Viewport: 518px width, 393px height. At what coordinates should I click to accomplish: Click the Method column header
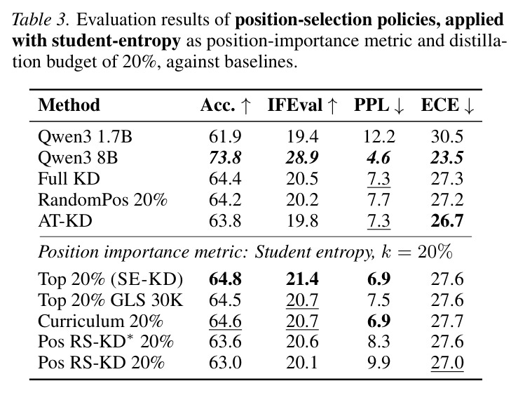tap(69, 105)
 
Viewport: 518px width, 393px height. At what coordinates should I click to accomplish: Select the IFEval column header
tap(303, 105)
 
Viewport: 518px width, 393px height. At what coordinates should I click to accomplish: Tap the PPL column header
tap(379, 105)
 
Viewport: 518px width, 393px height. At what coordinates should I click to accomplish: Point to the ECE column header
tap(448, 105)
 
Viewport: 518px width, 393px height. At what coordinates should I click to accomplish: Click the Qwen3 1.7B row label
tap(85, 137)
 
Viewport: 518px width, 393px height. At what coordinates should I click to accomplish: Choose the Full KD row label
tap(69, 179)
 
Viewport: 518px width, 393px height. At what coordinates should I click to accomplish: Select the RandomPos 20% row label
tap(102, 200)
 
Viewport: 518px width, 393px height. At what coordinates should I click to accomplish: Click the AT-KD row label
tap(64, 220)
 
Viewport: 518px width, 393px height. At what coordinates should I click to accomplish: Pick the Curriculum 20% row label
tap(100, 321)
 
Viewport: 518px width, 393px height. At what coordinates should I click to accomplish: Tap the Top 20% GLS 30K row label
tap(110, 300)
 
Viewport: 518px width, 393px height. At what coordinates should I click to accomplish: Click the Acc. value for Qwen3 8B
tap(225, 158)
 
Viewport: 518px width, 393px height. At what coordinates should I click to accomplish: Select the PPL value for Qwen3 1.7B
tap(379, 137)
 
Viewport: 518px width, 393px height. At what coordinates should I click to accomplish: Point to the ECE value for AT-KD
tap(447, 220)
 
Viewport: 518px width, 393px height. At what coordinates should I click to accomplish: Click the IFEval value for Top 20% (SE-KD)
tap(302, 279)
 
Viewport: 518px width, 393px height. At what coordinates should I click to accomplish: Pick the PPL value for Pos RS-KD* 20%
tap(379, 342)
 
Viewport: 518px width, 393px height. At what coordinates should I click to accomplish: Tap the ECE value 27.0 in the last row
tap(447, 363)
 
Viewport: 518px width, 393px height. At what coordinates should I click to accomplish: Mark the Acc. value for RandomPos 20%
tap(225, 200)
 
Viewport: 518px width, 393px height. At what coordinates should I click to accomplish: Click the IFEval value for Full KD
tap(302, 179)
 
